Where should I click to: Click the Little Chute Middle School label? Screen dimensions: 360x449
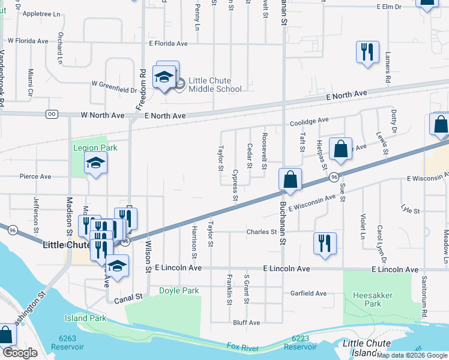[215, 85]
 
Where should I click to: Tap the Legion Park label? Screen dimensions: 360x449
[95, 148]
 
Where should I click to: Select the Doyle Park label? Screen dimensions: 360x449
[178, 291]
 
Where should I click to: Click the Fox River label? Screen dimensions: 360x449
[246, 347]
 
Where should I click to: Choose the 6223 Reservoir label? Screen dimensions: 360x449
[300, 343]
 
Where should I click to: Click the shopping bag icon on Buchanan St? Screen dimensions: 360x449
[290, 179]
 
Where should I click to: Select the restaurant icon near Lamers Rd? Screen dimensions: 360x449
[367, 52]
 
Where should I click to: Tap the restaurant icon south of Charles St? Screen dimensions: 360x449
[324, 243]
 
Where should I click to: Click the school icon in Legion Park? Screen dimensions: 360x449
[95, 163]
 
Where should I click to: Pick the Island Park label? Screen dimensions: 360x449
[85, 318]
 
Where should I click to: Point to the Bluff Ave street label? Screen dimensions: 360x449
[247, 323]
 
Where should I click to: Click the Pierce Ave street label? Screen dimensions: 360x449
[35, 177]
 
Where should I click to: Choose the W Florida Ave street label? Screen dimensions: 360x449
[27, 41]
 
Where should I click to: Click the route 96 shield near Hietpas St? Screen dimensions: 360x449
[333, 177]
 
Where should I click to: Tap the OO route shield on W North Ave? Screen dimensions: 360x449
[52, 114]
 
